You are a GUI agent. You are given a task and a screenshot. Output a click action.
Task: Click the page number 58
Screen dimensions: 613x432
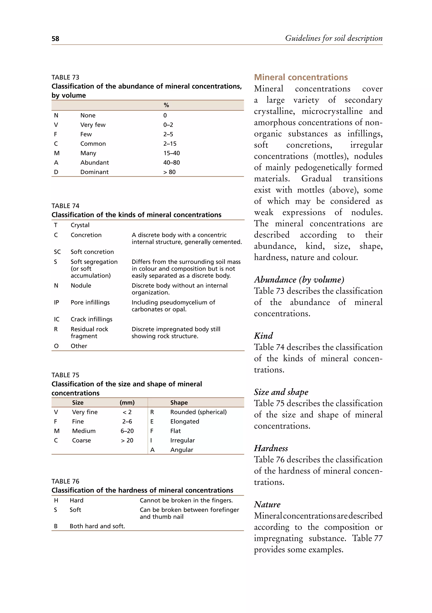point(55,39)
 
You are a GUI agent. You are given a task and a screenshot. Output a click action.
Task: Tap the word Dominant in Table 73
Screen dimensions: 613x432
point(94,172)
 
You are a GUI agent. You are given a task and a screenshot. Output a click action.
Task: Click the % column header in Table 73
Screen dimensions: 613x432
point(166,105)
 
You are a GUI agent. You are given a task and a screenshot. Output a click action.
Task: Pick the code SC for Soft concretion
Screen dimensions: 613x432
point(57,252)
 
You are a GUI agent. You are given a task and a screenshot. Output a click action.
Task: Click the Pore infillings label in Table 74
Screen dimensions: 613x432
point(90,302)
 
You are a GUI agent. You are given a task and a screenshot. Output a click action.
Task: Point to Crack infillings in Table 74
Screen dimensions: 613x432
point(91,319)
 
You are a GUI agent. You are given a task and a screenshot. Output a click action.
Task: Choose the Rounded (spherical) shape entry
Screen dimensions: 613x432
point(198,412)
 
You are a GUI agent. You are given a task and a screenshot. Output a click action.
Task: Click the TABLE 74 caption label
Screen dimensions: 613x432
point(65,206)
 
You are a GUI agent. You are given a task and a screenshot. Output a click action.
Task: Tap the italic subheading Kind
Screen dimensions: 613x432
point(263,336)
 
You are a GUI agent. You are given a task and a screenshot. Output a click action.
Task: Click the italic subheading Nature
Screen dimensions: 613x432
point(267,504)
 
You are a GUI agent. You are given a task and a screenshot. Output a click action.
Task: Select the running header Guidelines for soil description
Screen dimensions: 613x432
point(334,38)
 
